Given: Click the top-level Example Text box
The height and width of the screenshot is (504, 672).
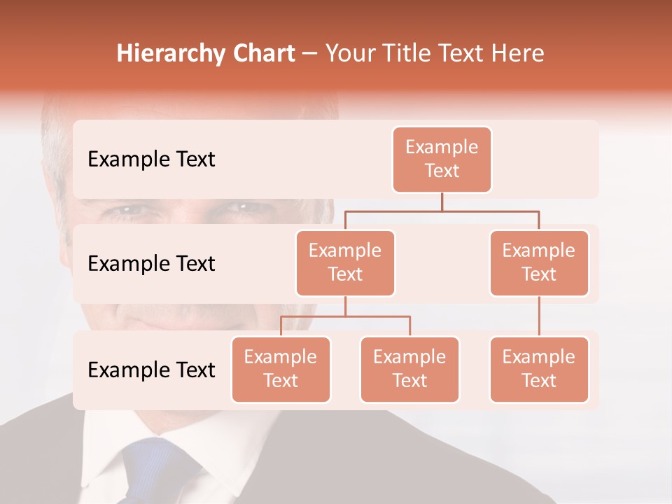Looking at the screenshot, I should pyautogui.click(x=442, y=160).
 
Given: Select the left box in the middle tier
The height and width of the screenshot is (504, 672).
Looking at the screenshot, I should pyautogui.click(x=345, y=262).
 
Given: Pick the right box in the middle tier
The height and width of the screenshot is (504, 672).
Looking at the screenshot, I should pyautogui.click(x=539, y=262).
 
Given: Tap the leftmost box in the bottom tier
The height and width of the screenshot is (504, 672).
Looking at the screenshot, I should pyautogui.click(x=281, y=369).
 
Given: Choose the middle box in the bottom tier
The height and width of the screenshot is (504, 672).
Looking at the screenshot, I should pyautogui.click(x=409, y=369).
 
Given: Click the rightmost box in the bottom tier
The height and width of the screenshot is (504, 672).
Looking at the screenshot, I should pyautogui.click(x=539, y=369).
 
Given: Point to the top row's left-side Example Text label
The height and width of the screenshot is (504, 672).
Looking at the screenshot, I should pyautogui.click(x=151, y=160).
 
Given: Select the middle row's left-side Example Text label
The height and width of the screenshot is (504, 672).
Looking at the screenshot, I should pyautogui.click(x=151, y=264).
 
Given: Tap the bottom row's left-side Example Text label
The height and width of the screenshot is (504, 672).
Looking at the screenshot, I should pyautogui.click(x=151, y=370).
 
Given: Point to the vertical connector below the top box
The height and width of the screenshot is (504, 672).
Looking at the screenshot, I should pyautogui.click(x=442, y=202).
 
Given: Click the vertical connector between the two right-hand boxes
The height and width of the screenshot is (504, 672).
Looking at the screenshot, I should pyautogui.click(x=539, y=316).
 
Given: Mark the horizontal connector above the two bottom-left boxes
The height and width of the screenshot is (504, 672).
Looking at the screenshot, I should pyautogui.click(x=345, y=316).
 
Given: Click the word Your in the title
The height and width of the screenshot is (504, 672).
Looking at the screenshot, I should pyautogui.click(x=350, y=53).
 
